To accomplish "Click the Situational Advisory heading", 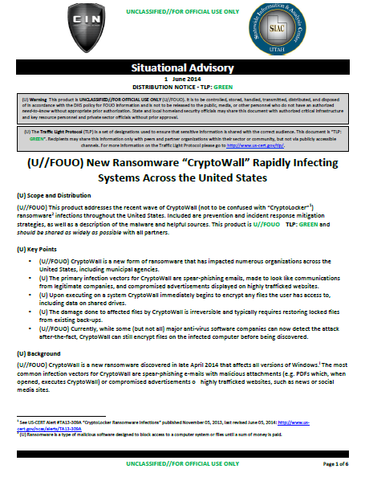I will tap(182, 69).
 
